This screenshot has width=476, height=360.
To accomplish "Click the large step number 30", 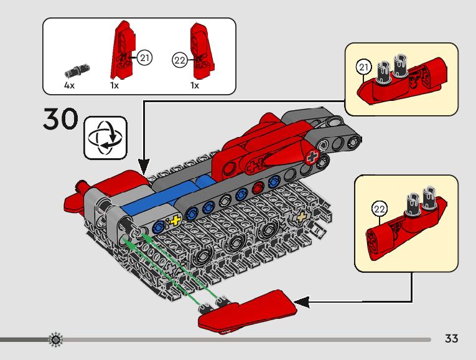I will (x=60, y=119).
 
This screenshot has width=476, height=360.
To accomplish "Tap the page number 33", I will (x=452, y=339).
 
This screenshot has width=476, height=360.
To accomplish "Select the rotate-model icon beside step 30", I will (x=105, y=137).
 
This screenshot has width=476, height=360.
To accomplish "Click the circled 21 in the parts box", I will (x=144, y=59).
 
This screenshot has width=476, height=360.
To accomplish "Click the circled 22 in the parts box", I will (x=179, y=60).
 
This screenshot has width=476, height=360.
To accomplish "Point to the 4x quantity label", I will (x=69, y=85).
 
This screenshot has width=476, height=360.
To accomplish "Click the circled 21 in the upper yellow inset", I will (x=364, y=67).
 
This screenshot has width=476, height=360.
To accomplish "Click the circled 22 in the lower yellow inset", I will (x=379, y=208).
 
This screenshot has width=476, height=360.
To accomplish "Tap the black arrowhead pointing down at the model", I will (x=144, y=167).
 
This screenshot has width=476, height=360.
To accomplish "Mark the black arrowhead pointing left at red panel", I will (x=301, y=303).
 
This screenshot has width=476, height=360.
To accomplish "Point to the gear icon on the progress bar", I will (x=56, y=339).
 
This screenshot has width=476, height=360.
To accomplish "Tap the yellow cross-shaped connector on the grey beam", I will (x=175, y=221).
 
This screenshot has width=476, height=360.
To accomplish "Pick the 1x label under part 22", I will (x=195, y=85).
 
